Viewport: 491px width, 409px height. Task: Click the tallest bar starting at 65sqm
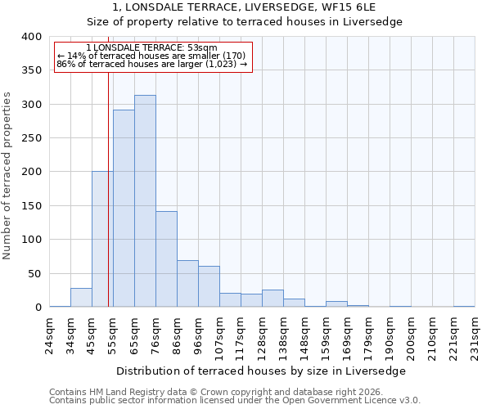pos(145,201)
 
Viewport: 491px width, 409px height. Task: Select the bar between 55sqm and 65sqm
pos(124,209)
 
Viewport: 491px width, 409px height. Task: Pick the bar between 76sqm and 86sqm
pos(166,259)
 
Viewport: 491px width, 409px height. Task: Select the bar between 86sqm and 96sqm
pos(187,284)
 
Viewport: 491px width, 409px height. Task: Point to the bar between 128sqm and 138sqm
pos(273,299)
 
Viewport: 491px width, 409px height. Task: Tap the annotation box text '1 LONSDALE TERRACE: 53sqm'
pos(151,48)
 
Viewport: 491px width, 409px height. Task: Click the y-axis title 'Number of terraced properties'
pos(8,175)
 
